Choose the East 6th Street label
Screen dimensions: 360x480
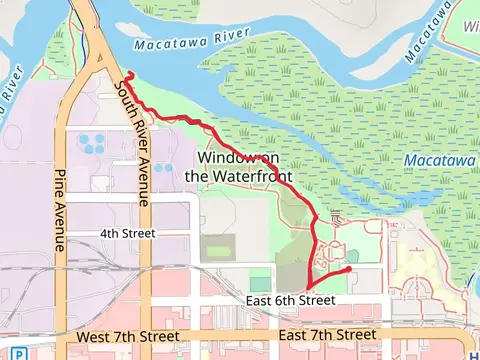296,300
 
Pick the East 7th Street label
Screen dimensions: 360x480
328,334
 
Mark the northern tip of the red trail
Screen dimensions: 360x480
130,75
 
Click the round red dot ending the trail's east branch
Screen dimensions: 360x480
347,269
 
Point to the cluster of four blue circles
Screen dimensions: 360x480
97,142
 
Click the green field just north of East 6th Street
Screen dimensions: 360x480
259,284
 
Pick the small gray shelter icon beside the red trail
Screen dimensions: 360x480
336,217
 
